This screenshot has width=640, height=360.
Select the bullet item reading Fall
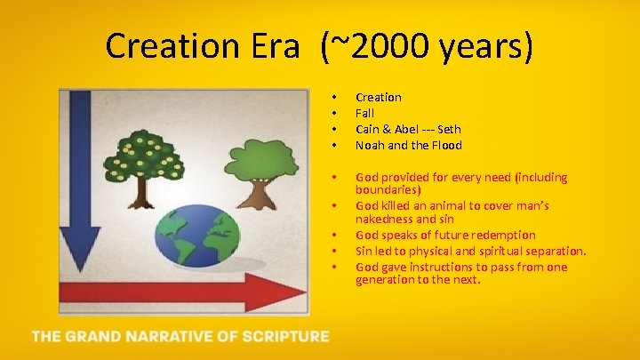coord(364,113)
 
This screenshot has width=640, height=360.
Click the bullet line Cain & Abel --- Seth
coord(408,129)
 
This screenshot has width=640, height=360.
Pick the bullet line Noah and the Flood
coord(408,145)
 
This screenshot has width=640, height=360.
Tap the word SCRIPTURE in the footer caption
coord(284,337)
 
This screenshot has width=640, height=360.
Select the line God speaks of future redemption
coord(445,235)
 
